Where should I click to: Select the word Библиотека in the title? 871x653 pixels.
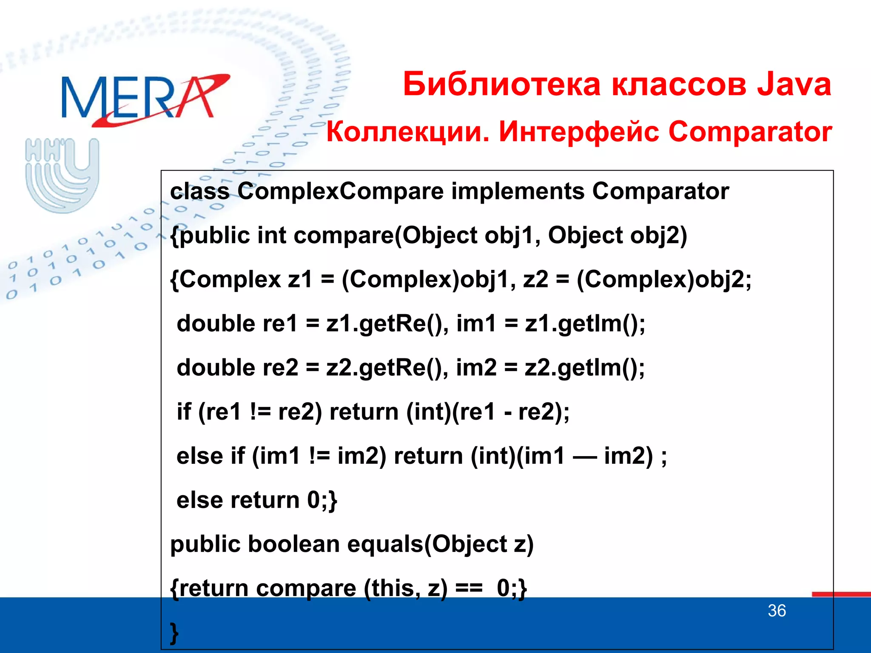coord(502,84)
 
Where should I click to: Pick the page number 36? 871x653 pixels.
coord(777,611)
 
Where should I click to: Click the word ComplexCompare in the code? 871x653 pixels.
coord(340,191)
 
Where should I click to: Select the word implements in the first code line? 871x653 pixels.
coord(518,191)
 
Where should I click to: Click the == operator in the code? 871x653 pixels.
coord(469,588)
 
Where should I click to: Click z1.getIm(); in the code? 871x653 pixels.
coord(585,324)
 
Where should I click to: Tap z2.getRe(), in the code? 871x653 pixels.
coord(387,368)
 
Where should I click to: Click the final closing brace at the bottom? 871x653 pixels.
coord(174,633)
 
